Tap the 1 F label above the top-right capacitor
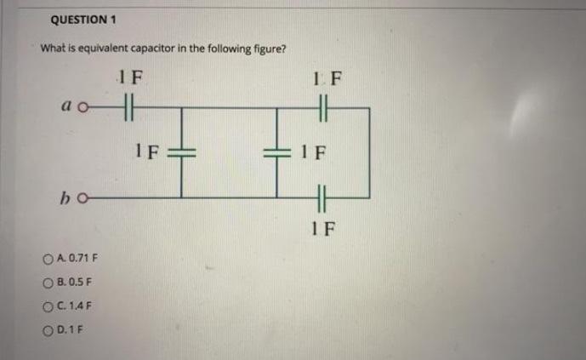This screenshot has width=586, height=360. pos(321,82)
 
